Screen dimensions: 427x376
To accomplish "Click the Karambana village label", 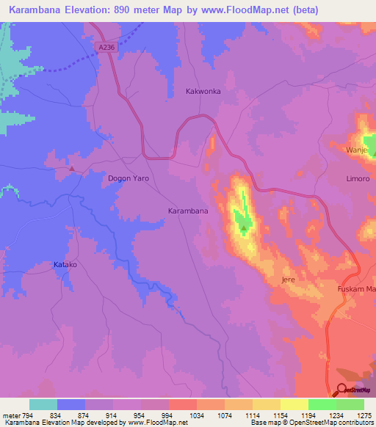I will (188, 211).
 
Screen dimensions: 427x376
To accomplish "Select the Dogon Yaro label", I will (129, 178).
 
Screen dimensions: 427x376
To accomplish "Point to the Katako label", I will (65, 264).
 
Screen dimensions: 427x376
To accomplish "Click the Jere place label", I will (288, 280).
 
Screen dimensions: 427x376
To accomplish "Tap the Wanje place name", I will (356, 150).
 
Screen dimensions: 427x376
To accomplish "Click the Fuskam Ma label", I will (355, 288).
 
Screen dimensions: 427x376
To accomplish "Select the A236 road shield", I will (106, 46).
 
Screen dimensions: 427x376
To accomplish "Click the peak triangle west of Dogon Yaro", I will (72, 168).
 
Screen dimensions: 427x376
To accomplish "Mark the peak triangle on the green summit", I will (244, 228).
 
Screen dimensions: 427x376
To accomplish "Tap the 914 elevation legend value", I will (112, 416).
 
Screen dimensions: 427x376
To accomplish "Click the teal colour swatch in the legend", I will (43, 404).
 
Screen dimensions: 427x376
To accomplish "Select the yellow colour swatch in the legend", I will (294, 404).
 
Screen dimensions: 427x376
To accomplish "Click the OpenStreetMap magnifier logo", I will (341, 390).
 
